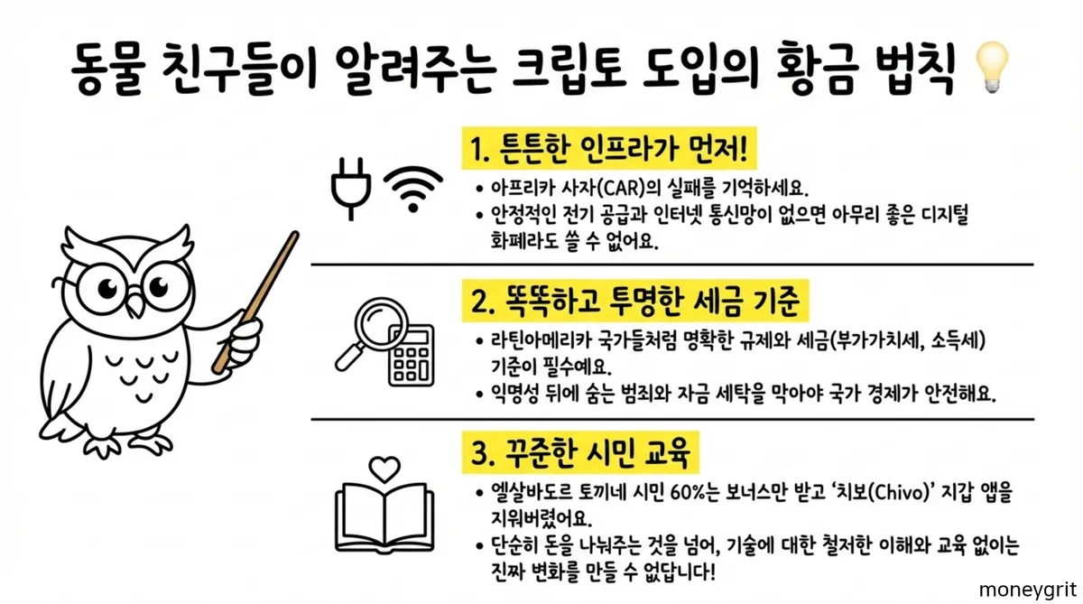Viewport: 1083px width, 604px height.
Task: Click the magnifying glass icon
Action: coord(370,330)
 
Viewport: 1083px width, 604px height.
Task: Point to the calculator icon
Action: coord(411,356)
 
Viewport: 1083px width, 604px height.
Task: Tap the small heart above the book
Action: coord(385,469)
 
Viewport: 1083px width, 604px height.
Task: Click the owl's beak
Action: coord(134,310)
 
